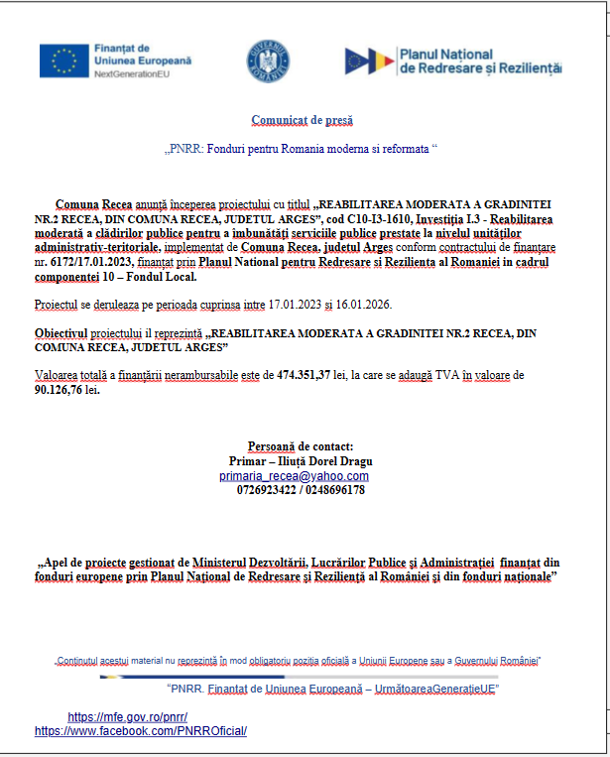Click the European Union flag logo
(x=63, y=62)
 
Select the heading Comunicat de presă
(x=302, y=120)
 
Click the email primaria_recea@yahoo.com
(x=294, y=476)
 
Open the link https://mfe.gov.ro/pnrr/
(x=127, y=716)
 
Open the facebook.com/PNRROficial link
(x=140, y=731)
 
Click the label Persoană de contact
(x=300, y=446)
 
